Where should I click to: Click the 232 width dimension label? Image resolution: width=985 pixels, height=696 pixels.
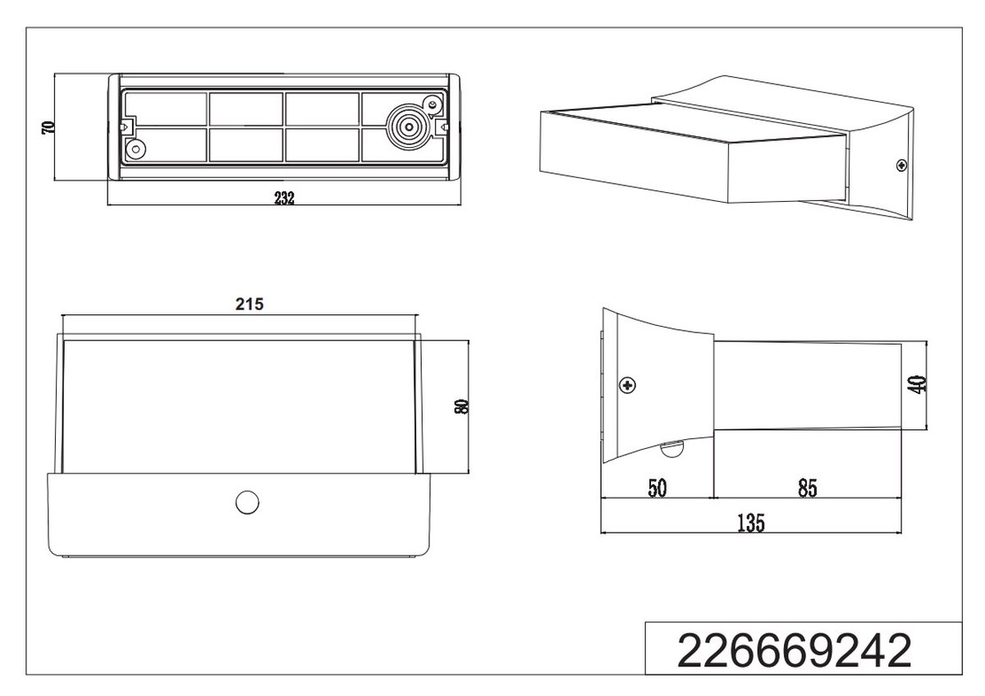[x=284, y=198]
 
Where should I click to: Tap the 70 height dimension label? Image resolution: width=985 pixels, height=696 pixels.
[x=48, y=127]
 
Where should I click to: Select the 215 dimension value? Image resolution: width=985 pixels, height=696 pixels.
[x=250, y=304]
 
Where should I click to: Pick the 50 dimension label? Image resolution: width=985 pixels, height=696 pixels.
[x=657, y=488]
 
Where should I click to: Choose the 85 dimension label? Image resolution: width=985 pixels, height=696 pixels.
[x=808, y=488]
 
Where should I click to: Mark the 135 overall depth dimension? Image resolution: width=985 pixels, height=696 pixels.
[x=750, y=523]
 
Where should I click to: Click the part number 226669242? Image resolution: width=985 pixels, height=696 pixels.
[x=795, y=651]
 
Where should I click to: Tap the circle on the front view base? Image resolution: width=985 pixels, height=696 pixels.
[x=247, y=502]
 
